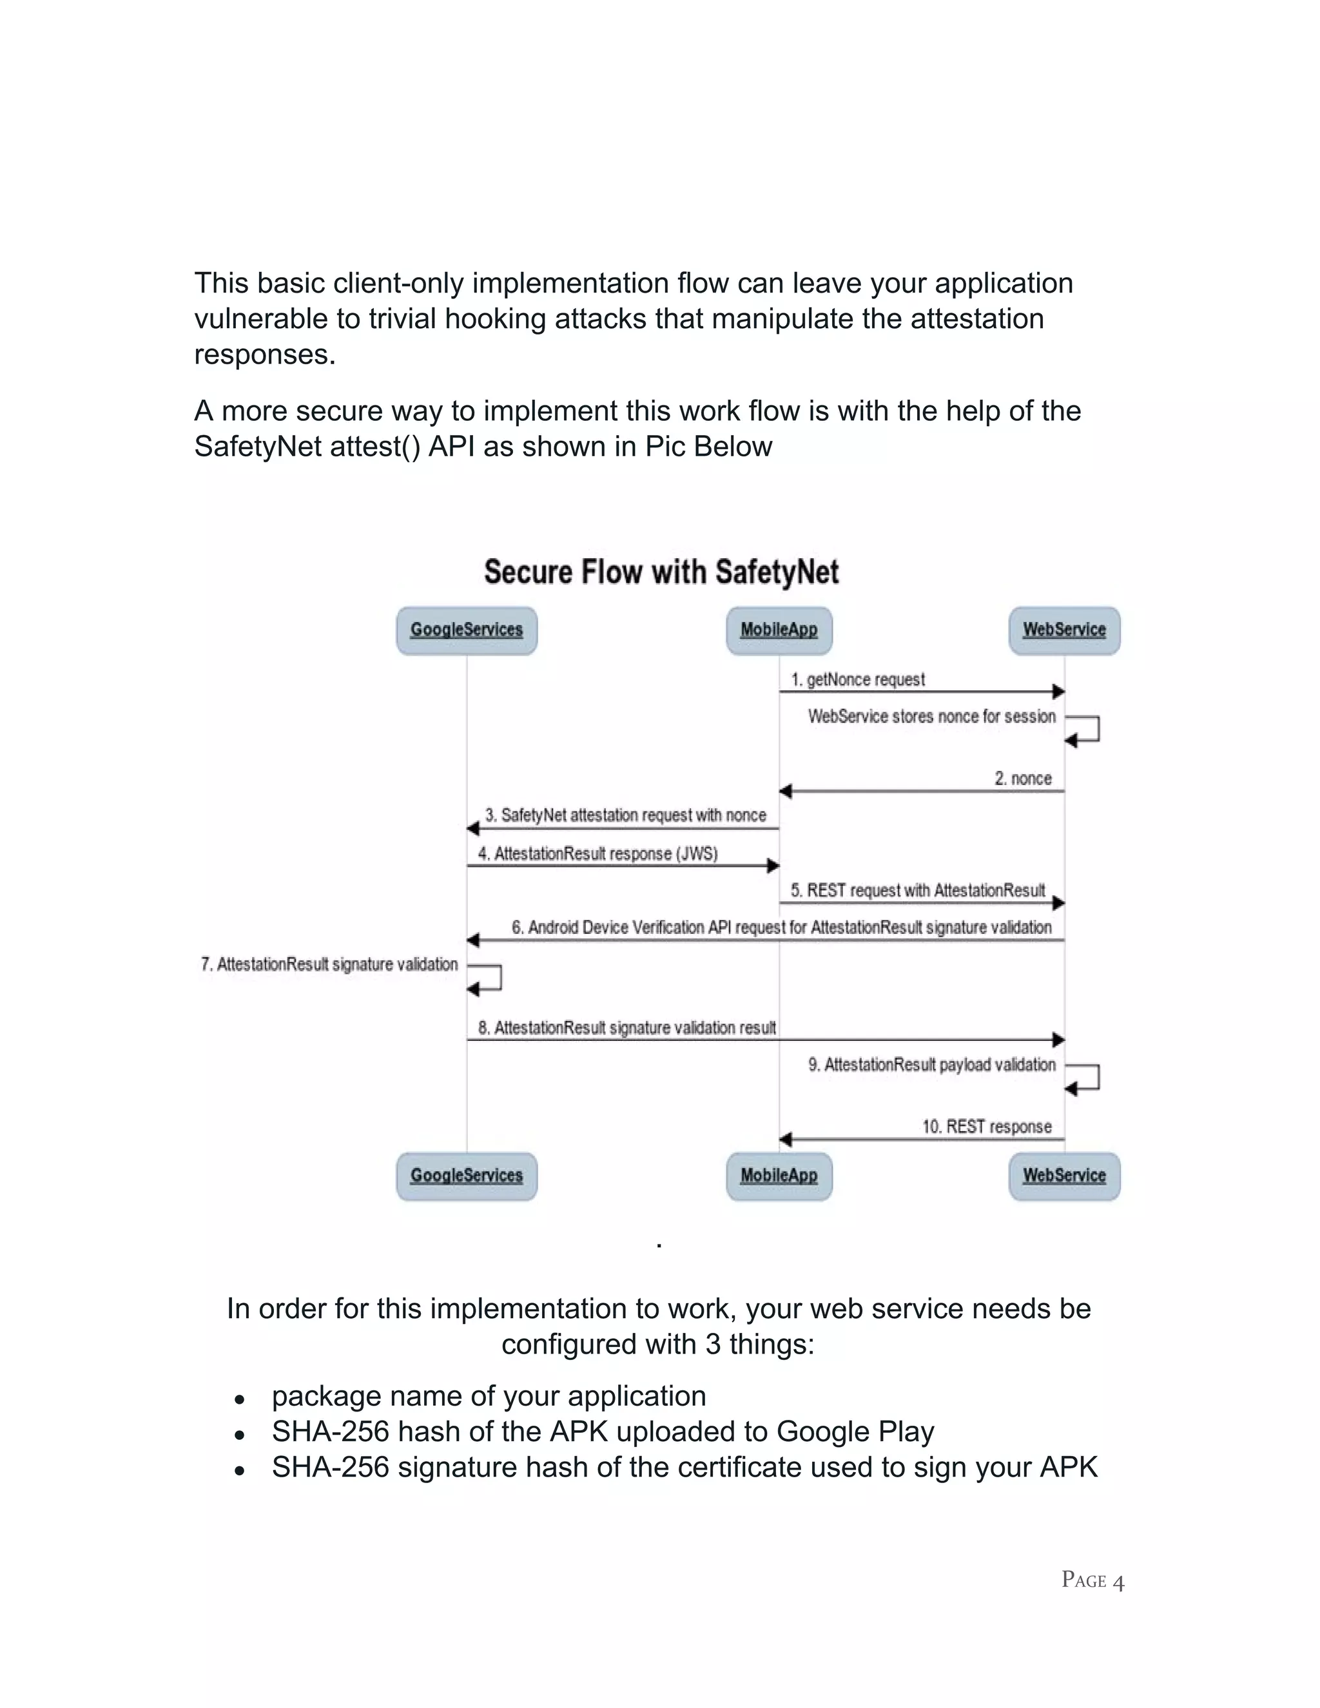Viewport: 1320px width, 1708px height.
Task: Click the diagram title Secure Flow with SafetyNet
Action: [x=661, y=572]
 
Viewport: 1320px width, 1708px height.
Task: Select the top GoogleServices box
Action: [x=467, y=630]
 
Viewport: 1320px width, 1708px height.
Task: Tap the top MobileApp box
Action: [x=779, y=630]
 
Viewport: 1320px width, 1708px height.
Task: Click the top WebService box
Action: [x=1064, y=630]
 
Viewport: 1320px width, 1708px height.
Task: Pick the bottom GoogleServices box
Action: [x=467, y=1176]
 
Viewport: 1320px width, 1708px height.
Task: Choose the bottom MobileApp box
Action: [x=779, y=1176]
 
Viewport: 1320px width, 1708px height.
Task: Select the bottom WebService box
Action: [x=1064, y=1176]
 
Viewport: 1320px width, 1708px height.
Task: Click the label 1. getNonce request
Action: [x=858, y=679]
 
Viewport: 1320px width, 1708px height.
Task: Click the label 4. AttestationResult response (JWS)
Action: [x=597, y=853]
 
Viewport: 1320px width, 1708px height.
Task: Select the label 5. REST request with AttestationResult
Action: [x=917, y=890]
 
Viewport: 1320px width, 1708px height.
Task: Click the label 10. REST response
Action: [x=987, y=1126]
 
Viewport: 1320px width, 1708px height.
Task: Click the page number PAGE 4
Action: [x=1092, y=1580]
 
